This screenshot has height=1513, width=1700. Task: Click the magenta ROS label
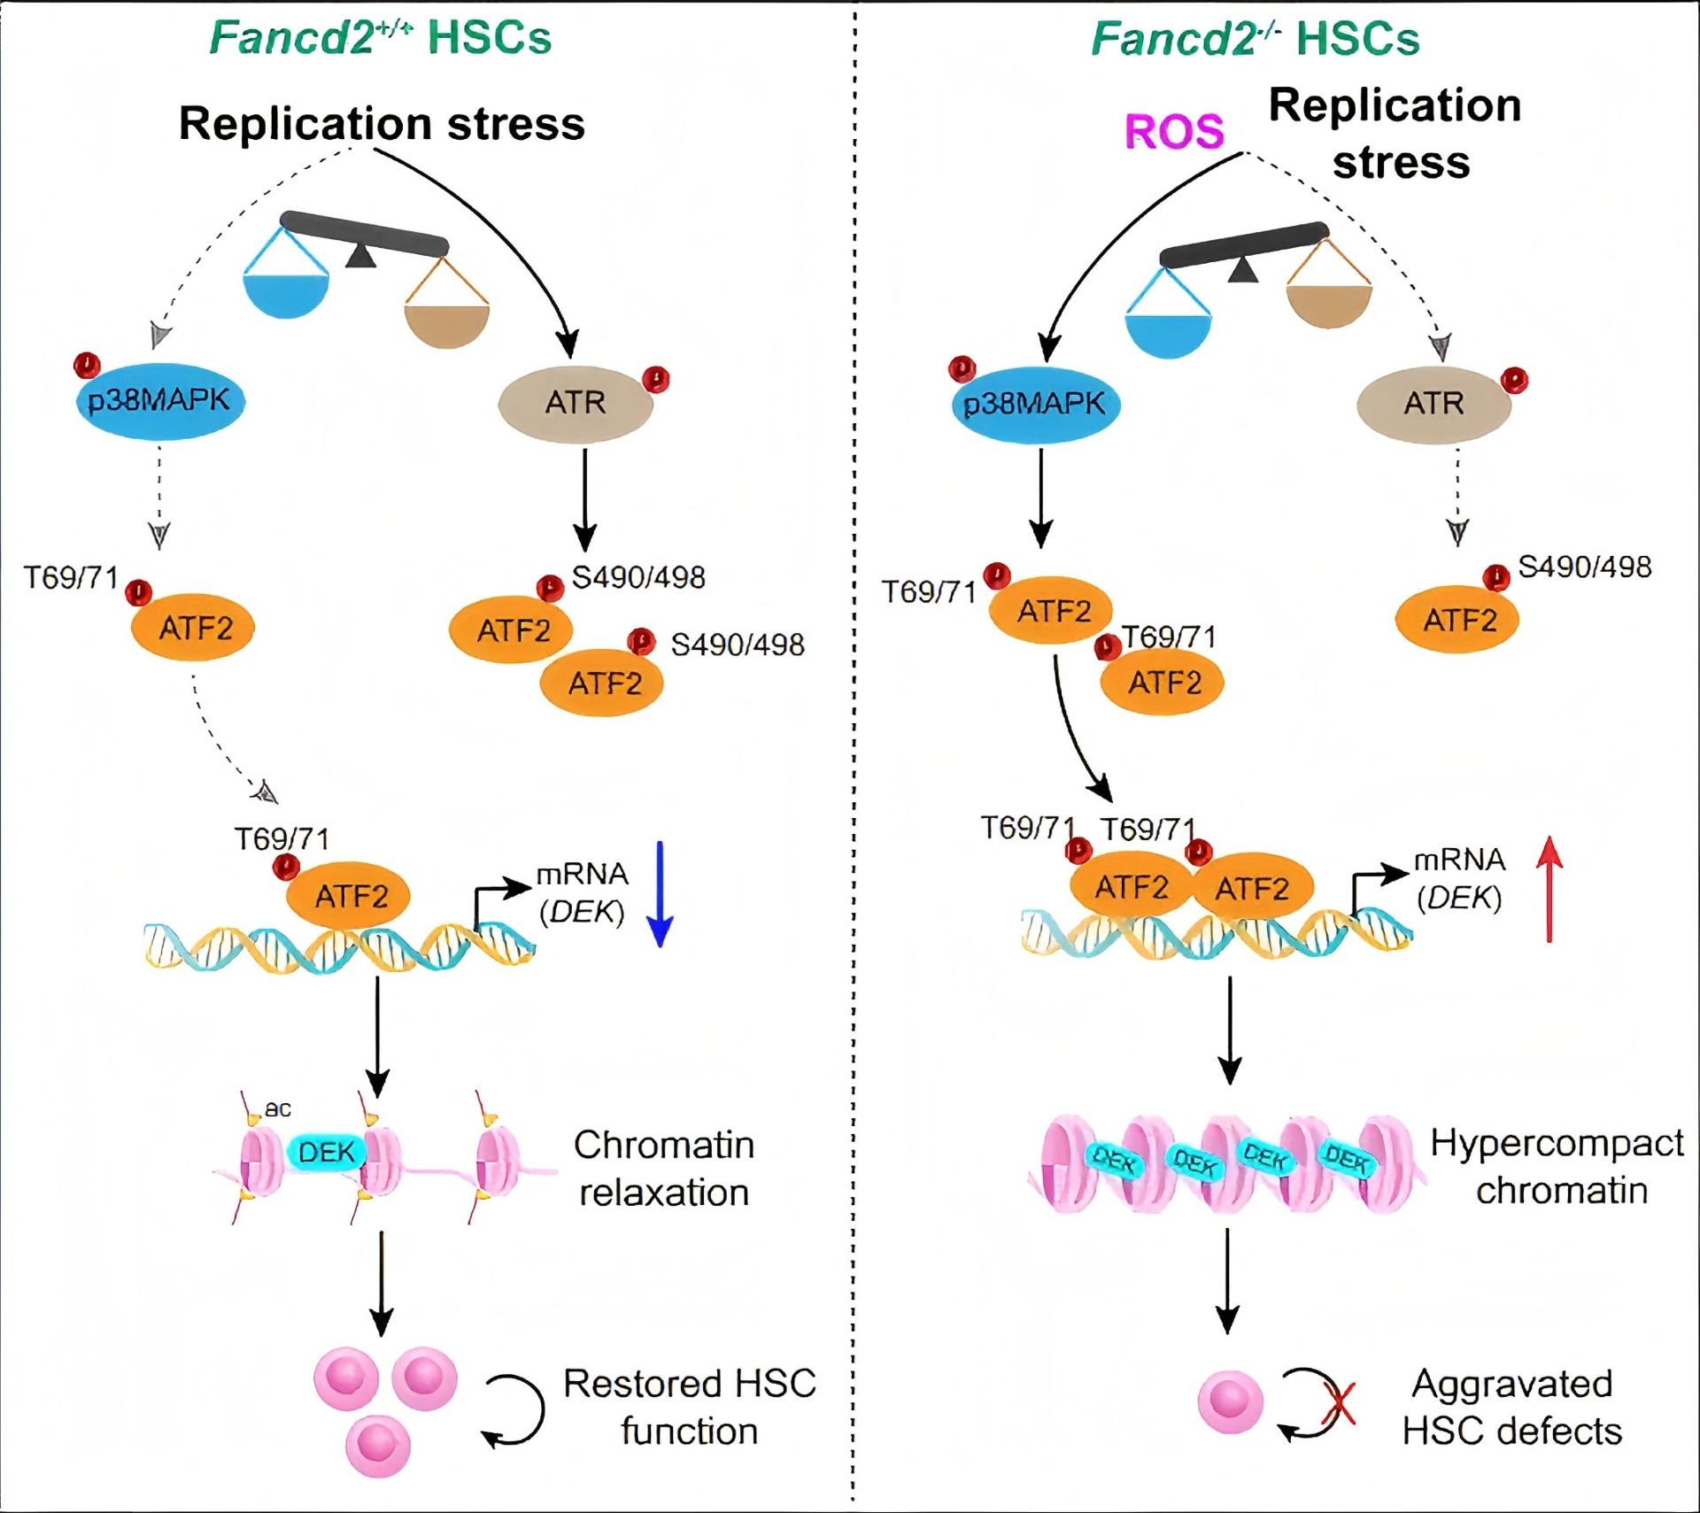pyautogui.click(x=1173, y=133)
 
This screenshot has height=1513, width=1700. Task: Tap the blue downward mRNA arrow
pyautogui.click(x=661, y=894)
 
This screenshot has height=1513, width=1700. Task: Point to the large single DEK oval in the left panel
pyautogui.click(x=326, y=1152)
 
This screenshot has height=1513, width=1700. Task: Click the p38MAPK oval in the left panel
pyautogui.click(x=159, y=401)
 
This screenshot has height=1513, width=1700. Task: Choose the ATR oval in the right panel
pyautogui.click(x=1433, y=404)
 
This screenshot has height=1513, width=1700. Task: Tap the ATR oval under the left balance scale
pyautogui.click(x=576, y=403)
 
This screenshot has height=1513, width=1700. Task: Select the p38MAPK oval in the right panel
pyautogui.click(x=1035, y=405)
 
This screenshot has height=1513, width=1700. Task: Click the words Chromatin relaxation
pyautogui.click(x=664, y=1169)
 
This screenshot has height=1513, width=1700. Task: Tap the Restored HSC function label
pyautogui.click(x=689, y=1407)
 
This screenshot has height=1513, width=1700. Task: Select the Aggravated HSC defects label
pyautogui.click(x=1512, y=1407)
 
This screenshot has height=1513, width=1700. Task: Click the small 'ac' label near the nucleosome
pyautogui.click(x=278, y=1109)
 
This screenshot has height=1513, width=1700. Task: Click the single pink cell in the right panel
pyautogui.click(x=1230, y=1403)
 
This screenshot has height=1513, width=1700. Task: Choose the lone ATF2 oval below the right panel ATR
pyautogui.click(x=1457, y=620)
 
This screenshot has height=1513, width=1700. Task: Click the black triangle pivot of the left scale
pyautogui.click(x=359, y=256)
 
